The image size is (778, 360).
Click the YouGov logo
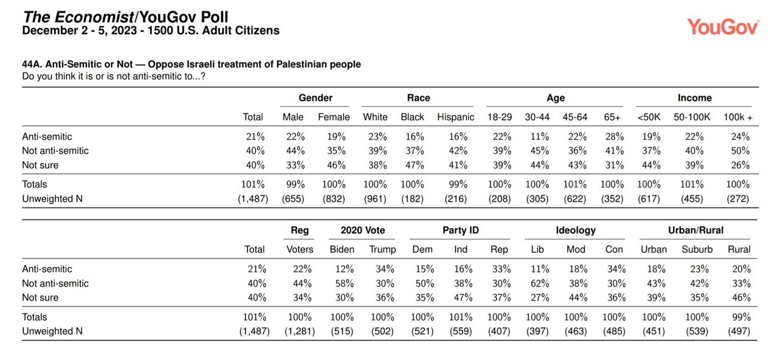click(x=723, y=27)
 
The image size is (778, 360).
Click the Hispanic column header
click(x=455, y=117)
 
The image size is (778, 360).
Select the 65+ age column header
click(x=612, y=117)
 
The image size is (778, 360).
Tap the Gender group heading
click(x=315, y=98)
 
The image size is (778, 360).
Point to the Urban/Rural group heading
click(x=695, y=230)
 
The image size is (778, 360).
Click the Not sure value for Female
click(x=336, y=165)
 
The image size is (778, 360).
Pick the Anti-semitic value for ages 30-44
click(x=539, y=137)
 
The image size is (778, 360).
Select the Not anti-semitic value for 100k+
click(x=740, y=151)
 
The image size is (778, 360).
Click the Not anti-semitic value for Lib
click(x=540, y=283)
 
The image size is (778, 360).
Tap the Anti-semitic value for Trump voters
click(x=385, y=269)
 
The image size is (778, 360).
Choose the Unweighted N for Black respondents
click(x=412, y=199)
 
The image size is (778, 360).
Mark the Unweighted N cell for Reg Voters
click(x=300, y=331)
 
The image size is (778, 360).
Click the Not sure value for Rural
click(x=742, y=297)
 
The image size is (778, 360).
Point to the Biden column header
click(x=342, y=249)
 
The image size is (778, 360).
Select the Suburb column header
click(x=697, y=249)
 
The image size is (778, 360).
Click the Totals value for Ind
click(x=461, y=317)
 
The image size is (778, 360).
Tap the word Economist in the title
click(x=94, y=17)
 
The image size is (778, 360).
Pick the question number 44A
click(x=32, y=64)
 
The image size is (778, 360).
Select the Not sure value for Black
click(x=415, y=165)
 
